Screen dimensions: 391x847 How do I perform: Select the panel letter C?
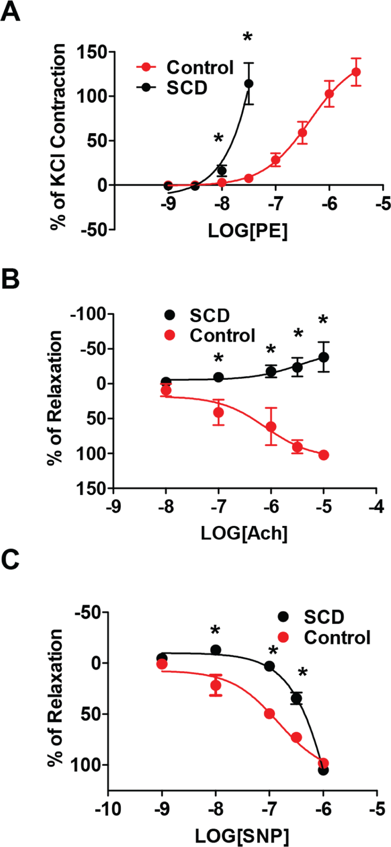[10, 560]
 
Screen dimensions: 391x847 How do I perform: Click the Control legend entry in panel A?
[186, 68]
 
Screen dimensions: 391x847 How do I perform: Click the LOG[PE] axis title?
[248, 231]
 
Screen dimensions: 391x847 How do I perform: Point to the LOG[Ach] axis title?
[244, 533]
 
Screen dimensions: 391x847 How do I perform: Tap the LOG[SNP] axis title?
[242, 837]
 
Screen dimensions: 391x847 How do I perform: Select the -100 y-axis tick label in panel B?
[89, 314]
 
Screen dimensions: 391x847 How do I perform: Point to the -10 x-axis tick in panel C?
[108, 809]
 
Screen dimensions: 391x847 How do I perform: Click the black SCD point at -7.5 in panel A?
[249, 84]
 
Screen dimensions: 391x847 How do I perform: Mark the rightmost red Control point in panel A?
[356, 72]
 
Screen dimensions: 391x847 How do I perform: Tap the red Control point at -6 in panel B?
[271, 427]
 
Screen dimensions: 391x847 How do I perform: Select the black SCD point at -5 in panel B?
[324, 357]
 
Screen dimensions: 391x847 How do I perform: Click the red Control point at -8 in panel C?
[216, 685]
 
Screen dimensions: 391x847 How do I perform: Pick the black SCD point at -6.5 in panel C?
[296, 698]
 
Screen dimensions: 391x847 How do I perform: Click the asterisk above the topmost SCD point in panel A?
[248, 36]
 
